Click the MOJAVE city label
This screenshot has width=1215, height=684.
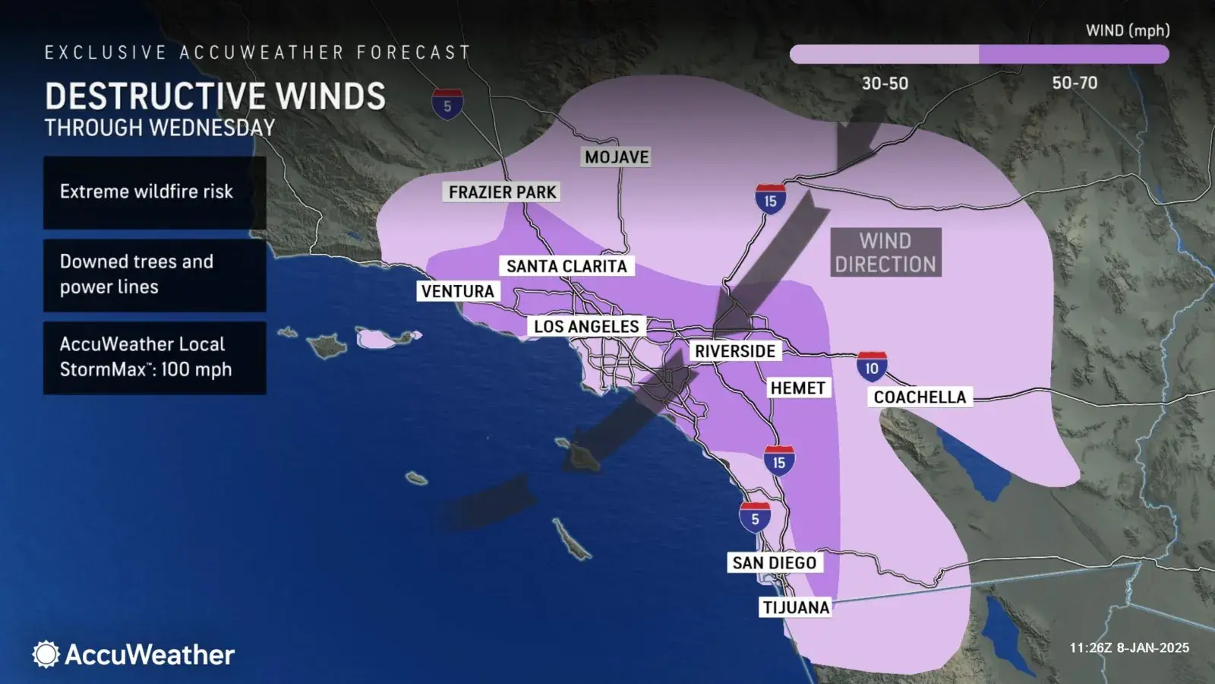[x=617, y=157]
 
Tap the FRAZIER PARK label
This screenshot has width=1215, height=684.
[x=502, y=192]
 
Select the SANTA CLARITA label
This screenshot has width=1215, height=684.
[x=566, y=266]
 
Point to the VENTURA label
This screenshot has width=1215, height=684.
[x=458, y=291]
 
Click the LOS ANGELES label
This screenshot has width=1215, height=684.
[x=586, y=326]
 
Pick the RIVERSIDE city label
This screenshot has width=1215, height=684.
[x=735, y=351]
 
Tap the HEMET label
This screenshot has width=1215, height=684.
[x=797, y=388]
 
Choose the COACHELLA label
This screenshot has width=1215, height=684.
[x=920, y=397]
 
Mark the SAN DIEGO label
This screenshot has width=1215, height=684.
[x=774, y=562]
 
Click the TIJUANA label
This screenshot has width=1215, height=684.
[x=796, y=607]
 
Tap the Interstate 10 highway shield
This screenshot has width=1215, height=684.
[x=872, y=366]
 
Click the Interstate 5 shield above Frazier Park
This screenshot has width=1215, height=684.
[x=447, y=104]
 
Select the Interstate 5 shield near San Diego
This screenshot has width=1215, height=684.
[x=755, y=518]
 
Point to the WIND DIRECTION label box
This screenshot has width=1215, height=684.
[x=885, y=252]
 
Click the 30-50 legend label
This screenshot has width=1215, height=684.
[x=885, y=83]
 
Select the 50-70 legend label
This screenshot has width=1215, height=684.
[x=1075, y=83]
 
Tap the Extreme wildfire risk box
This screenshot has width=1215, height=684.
[x=154, y=192]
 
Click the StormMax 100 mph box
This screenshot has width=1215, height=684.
[x=154, y=357]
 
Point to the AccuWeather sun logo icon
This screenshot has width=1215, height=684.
[x=46, y=654]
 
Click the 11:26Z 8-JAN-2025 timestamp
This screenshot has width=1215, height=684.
[x=1129, y=648]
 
